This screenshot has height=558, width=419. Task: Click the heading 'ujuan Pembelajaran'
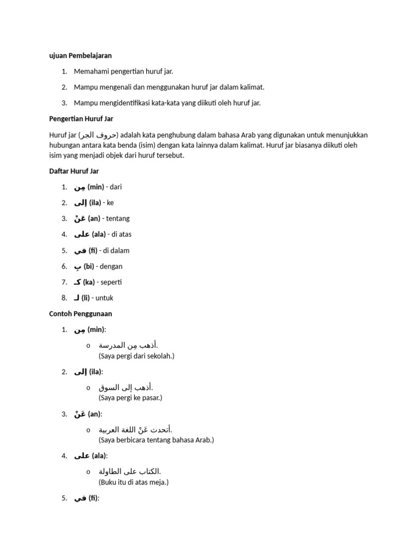pos(80,56)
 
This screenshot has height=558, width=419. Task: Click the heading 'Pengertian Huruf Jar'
pos(81,119)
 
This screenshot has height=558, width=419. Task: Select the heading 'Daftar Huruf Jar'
pos(74,171)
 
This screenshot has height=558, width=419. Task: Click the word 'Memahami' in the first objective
pos(91,71)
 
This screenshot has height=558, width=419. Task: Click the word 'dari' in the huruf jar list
pos(116,187)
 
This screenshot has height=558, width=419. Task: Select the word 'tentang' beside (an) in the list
pos(118,219)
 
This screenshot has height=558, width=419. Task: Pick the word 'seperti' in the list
pos(111,282)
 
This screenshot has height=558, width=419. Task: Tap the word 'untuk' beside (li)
pos(105,298)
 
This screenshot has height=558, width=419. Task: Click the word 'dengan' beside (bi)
pos(112,266)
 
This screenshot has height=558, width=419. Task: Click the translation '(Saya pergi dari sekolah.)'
pos(136,356)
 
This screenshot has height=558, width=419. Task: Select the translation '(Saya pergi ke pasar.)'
pos(130,398)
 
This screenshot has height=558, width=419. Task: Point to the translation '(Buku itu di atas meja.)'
pos(134,482)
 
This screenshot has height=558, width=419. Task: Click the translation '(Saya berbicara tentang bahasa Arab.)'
pos(156,440)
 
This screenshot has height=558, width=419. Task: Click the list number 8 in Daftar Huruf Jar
pos(64,298)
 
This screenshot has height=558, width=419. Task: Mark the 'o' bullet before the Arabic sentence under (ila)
pos(88,387)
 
